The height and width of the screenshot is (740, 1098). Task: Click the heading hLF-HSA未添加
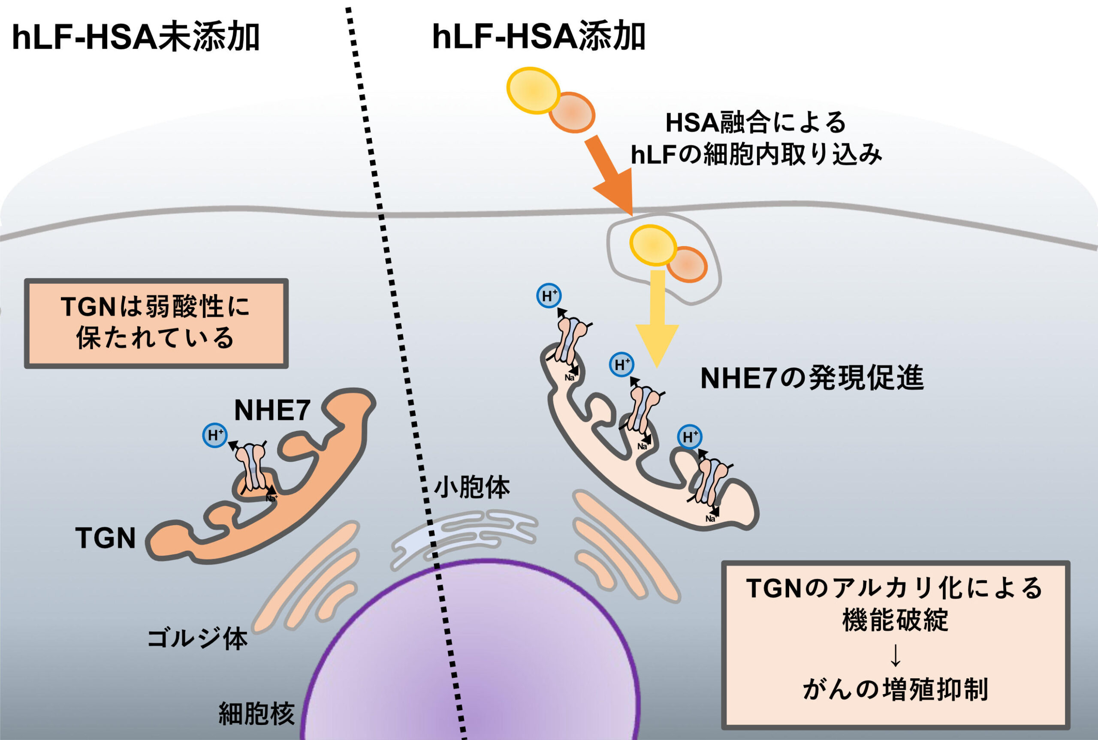[x=136, y=38]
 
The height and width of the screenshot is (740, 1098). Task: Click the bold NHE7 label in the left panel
[x=272, y=410]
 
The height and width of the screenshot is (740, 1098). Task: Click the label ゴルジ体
[x=197, y=639]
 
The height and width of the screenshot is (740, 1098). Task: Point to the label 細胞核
[x=257, y=713]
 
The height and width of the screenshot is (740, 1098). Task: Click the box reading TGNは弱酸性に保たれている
[x=156, y=323]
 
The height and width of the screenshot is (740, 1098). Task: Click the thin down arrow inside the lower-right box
[x=895, y=656]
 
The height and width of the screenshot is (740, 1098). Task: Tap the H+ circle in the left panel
[x=215, y=435]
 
